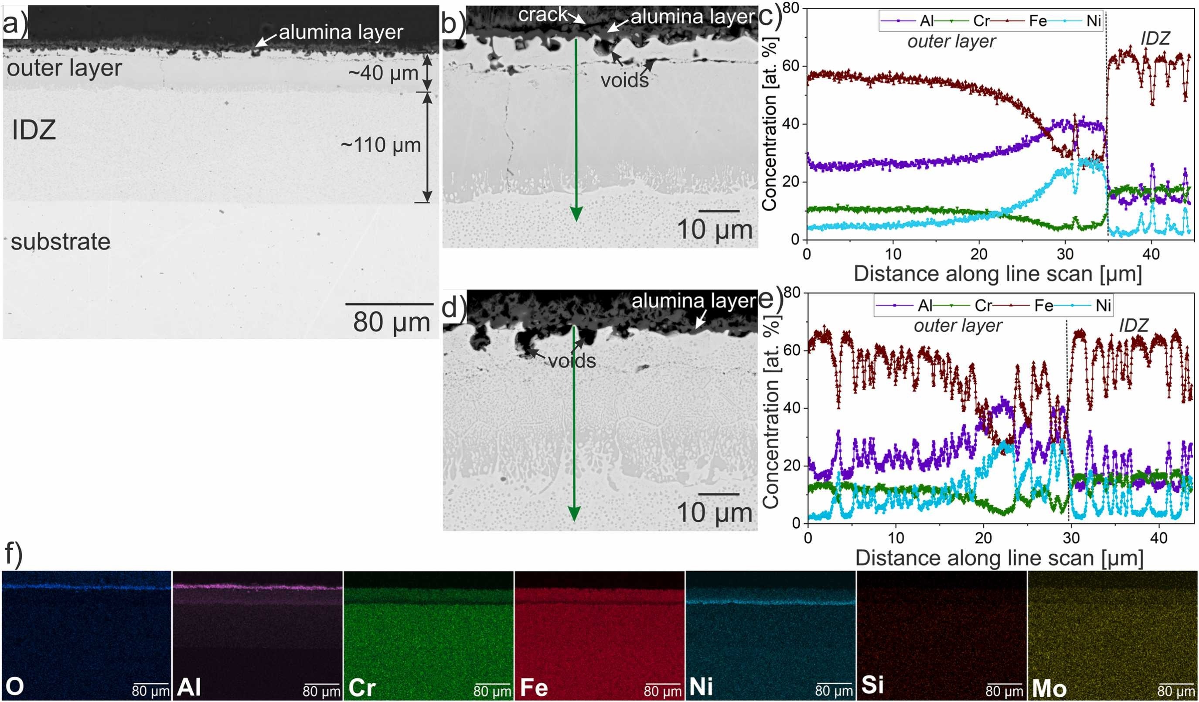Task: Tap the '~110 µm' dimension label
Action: pyautogui.click(x=381, y=145)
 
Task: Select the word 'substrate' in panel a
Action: pyautogui.click(x=61, y=242)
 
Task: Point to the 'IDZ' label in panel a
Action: pyautogui.click(x=34, y=130)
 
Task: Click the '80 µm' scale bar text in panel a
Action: pyautogui.click(x=391, y=322)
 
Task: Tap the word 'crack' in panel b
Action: pyautogui.click(x=543, y=15)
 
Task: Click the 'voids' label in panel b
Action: pyautogui.click(x=624, y=80)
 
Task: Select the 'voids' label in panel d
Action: pyautogui.click(x=572, y=361)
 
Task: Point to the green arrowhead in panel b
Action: pyautogui.click(x=576, y=215)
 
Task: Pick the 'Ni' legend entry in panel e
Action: pyautogui.click(x=1103, y=305)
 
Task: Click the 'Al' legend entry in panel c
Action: pyautogui.click(x=926, y=21)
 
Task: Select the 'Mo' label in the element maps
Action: pyautogui.click(x=1049, y=688)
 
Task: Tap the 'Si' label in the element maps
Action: pyautogui.click(x=872, y=686)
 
